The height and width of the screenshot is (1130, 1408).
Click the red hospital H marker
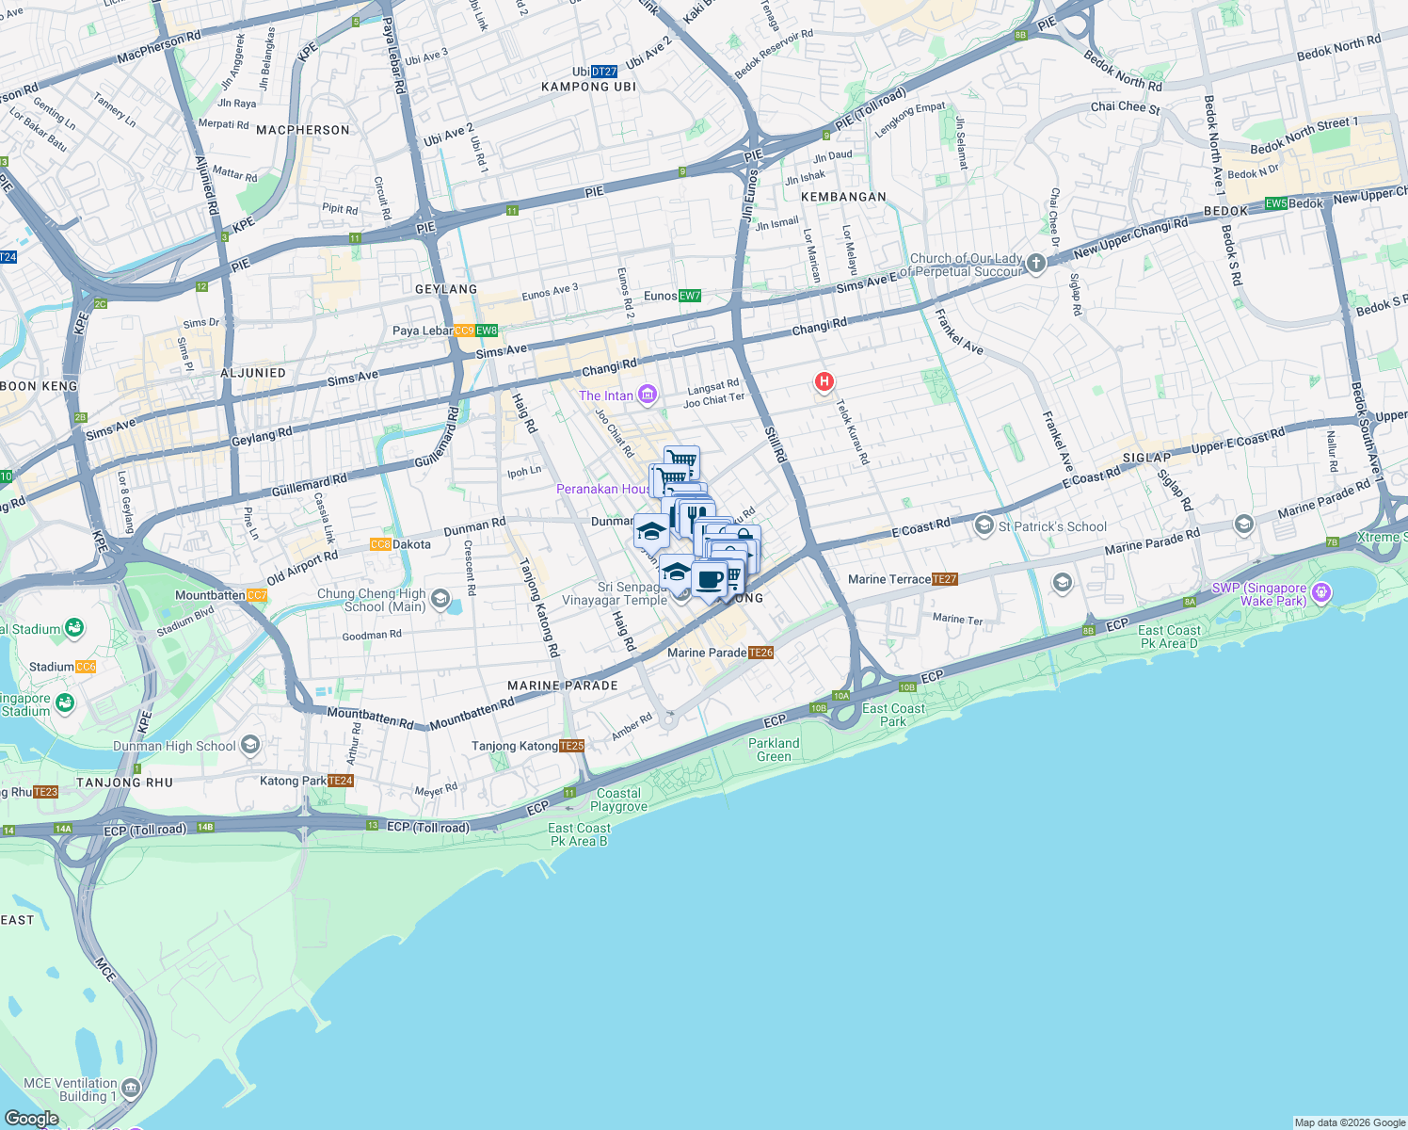click(x=824, y=381)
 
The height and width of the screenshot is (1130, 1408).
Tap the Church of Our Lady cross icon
click(x=1036, y=264)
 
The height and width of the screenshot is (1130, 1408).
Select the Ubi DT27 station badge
click(x=604, y=72)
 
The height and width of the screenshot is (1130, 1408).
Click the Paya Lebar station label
click(x=423, y=331)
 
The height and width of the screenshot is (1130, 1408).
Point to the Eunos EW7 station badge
click(x=690, y=296)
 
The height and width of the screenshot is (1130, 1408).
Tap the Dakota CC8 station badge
click(x=380, y=544)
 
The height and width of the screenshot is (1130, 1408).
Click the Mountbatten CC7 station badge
click(x=257, y=595)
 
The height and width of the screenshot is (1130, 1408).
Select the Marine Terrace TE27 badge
click(x=945, y=579)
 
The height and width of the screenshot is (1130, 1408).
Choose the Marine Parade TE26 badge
click(x=761, y=653)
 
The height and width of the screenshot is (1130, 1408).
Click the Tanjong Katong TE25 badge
click(x=571, y=746)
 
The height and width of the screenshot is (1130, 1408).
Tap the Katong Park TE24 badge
click(x=341, y=781)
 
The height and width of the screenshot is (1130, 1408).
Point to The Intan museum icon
click(x=647, y=395)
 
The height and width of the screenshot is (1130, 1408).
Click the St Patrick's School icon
click(x=984, y=525)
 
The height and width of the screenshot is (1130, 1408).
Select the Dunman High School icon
click(x=249, y=746)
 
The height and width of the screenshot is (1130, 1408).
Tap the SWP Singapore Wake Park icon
click(x=1321, y=592)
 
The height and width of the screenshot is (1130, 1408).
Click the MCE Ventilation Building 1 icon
click(x=131, y=1089)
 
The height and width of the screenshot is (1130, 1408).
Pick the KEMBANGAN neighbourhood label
click(x=843, y=197)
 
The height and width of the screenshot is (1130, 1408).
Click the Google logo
click(x=32, y=1118)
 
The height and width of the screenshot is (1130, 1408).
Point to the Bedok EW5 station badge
click(x=1275, y=203)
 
